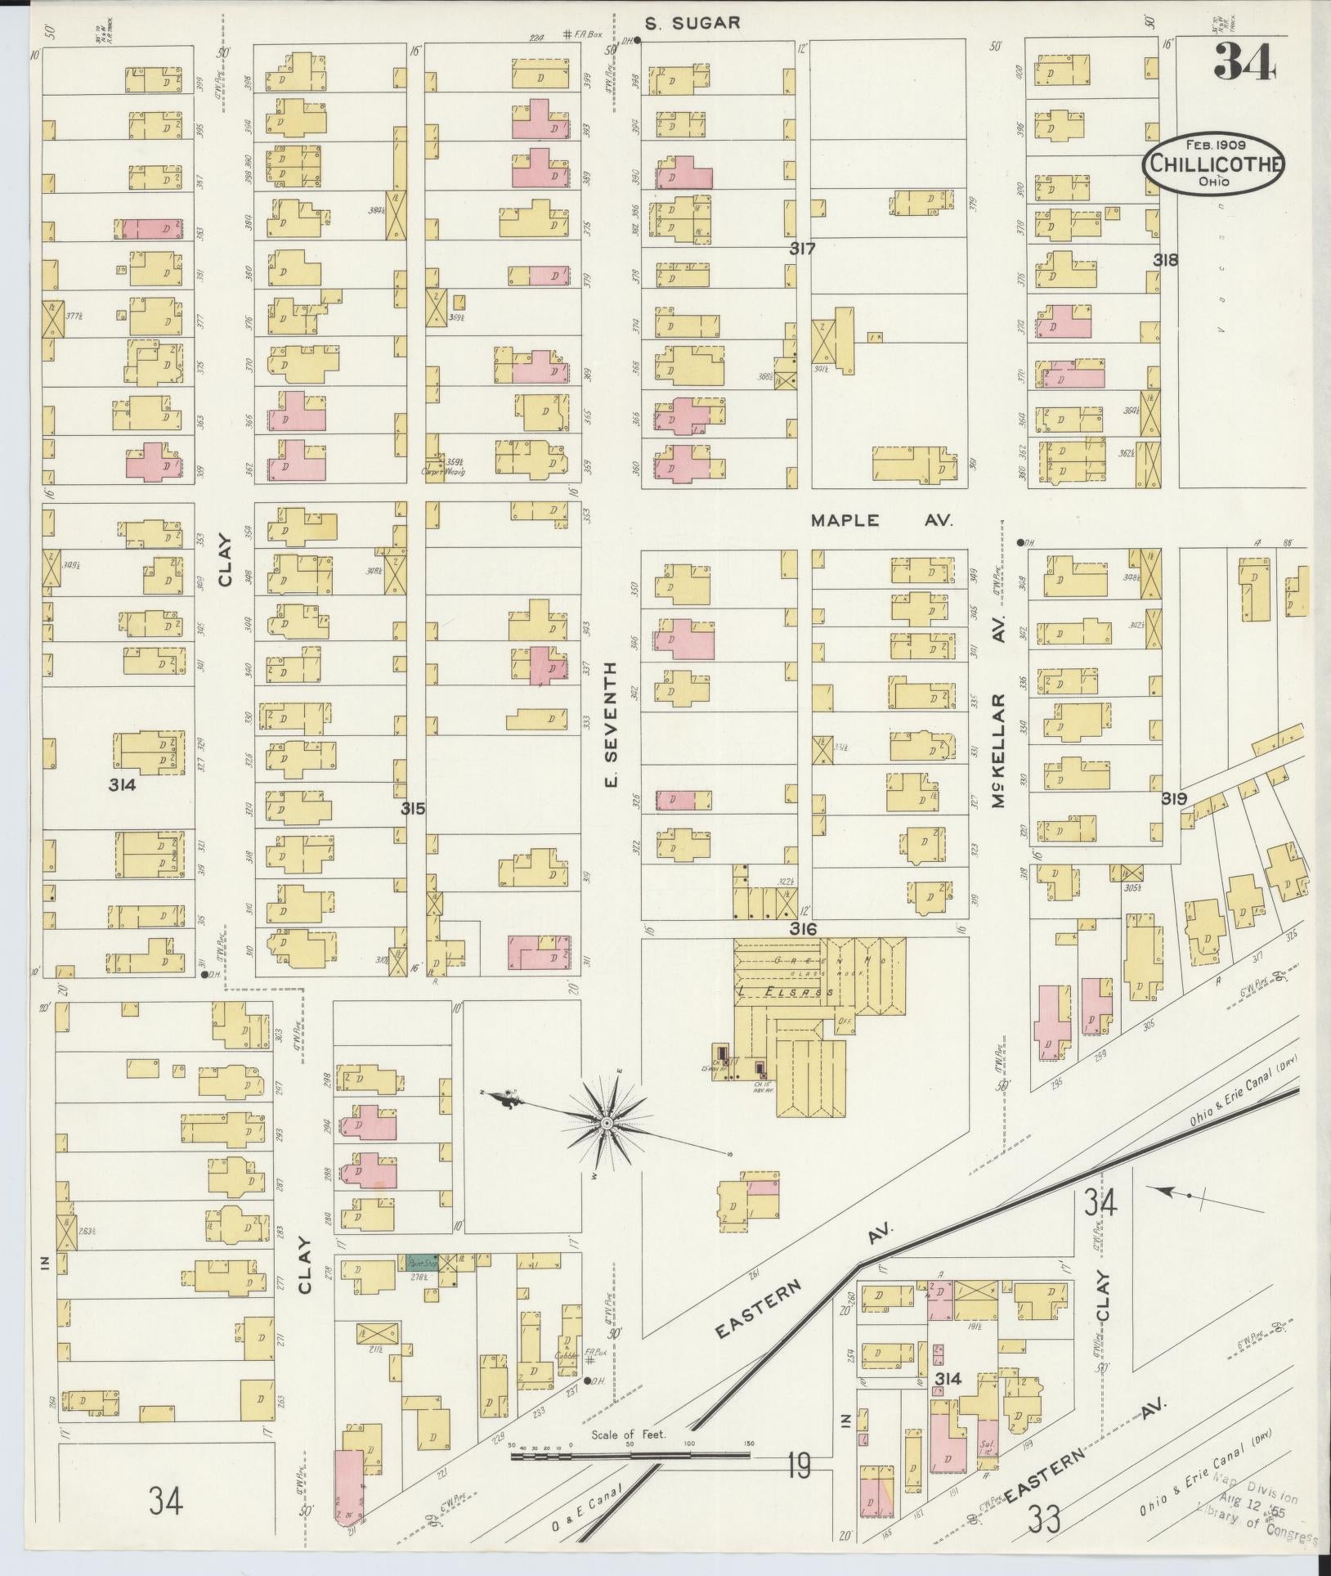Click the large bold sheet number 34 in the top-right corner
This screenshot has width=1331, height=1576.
click(1244, 62)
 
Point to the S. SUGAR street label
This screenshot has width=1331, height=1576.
click(692, 23)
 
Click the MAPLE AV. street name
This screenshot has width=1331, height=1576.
click(881, 520)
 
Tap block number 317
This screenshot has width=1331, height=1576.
click(802, 249)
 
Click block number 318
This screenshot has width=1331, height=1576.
click(1166, 260)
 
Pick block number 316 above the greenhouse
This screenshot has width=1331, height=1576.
click(804, 929)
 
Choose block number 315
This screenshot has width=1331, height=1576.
click(413, 809)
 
